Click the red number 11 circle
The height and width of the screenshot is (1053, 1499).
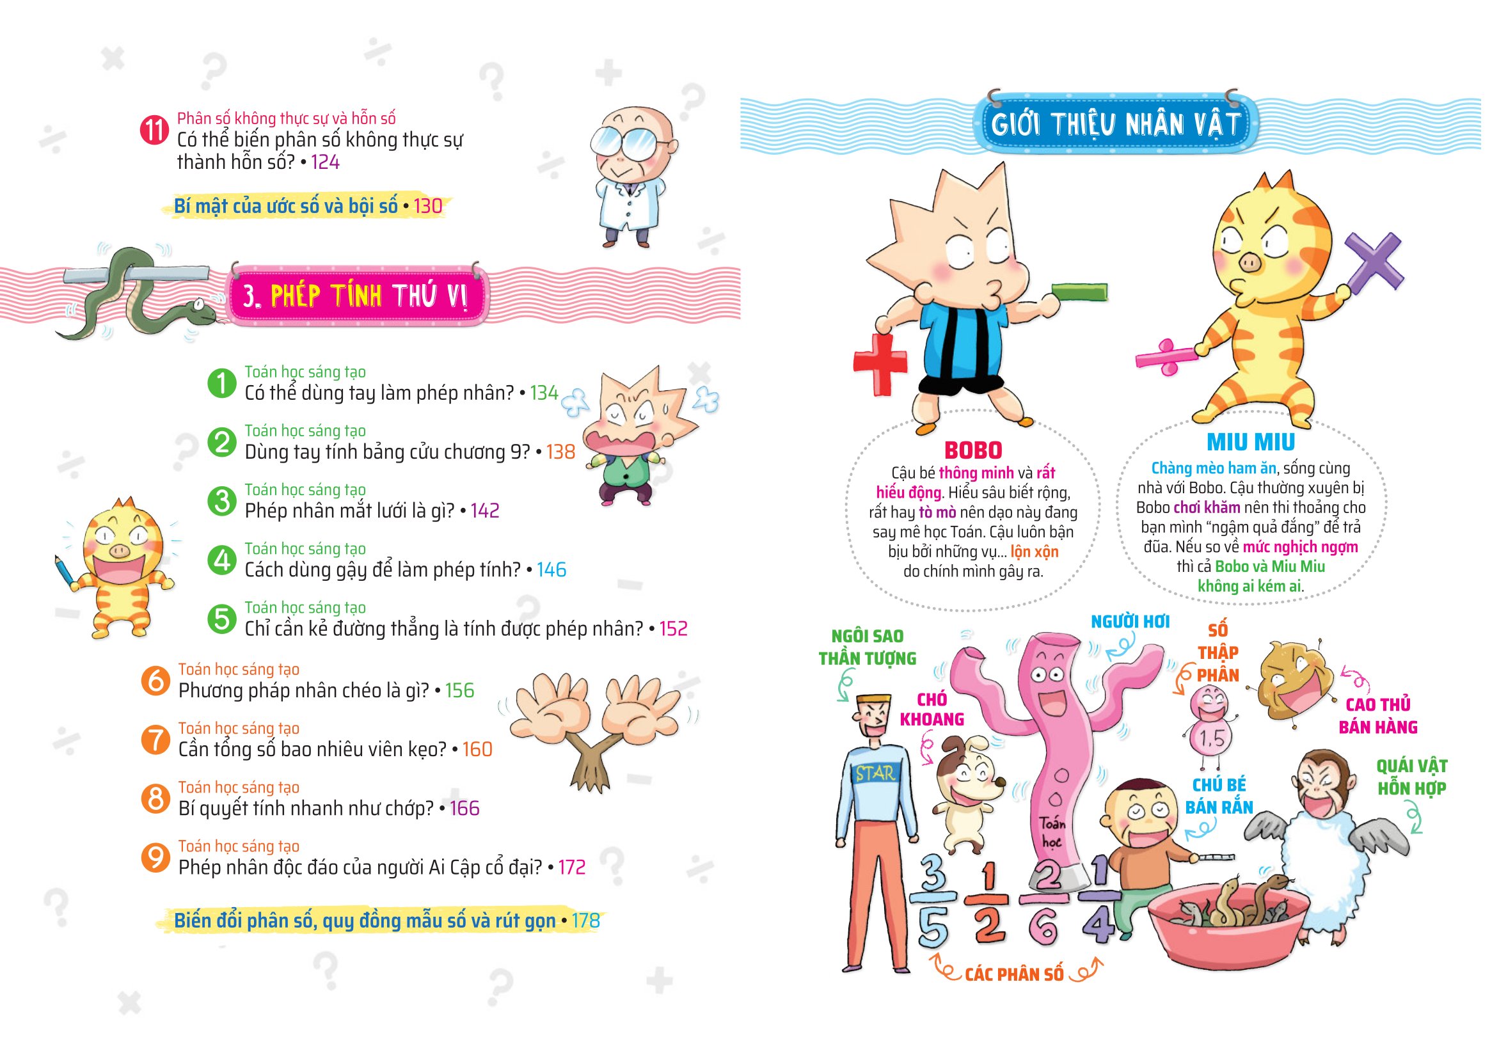click(x=154, y=130)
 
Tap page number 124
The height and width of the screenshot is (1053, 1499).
click(x=325, y=162)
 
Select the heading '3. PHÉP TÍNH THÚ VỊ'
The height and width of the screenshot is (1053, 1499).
click(x=356, y=296)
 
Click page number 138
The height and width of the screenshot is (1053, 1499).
click(x=560, y=452)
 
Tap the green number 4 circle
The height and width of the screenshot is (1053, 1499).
click(x=222, y=560)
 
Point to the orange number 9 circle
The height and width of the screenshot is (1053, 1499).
click(x=155, y=857)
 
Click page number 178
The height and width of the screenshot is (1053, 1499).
click(x=585, y=921)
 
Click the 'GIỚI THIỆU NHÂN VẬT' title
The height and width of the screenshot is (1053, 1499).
click(x=1115, y=124)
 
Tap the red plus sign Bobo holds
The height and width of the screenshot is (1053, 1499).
click(x=880, y=363)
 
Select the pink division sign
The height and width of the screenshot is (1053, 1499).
click(x=1168, y=356)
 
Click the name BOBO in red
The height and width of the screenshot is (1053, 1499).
click(x=973, y=450)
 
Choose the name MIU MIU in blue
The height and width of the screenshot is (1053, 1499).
click(x=1250, y=442)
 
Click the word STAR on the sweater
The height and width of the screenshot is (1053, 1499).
click(x=875, y=774)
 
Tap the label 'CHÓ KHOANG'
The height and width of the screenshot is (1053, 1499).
click(x=932, y=709)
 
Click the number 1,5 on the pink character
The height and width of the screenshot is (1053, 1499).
click(x=1211, y=738)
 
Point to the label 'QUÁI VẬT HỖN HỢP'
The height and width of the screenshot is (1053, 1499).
click(x=1411, y=777)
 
